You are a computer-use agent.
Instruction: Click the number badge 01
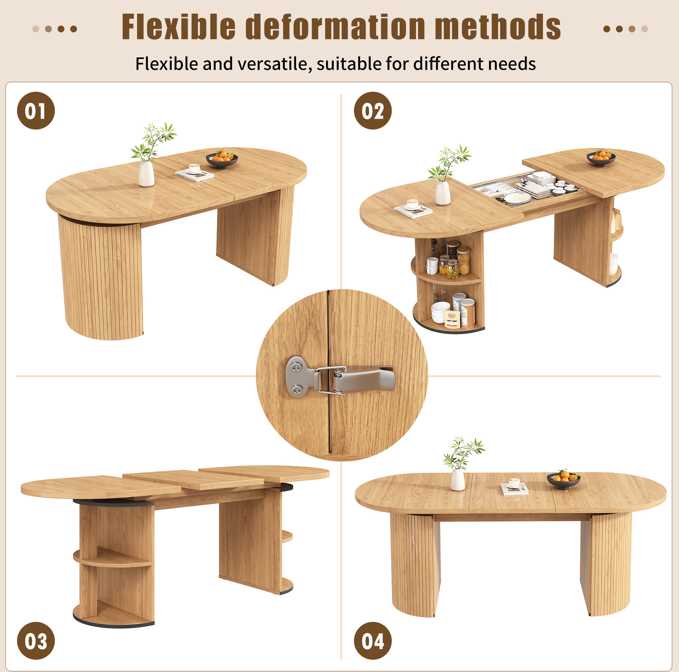tap(36, 111)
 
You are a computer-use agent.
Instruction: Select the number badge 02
tap(372, 111)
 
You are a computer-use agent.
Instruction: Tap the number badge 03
tap(36, 641)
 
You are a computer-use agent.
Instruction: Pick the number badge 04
tap(372, 641)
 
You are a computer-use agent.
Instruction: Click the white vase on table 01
tap(146, 174)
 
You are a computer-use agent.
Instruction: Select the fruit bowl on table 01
tap(222, 160)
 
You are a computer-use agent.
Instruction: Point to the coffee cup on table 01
tap(194, 168)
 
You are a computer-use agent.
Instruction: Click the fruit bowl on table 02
tap(601, 158)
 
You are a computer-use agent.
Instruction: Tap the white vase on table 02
tap(443, 193)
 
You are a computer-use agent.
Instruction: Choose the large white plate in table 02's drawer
tap(518, 198)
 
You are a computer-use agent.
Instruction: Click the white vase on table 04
tap(458, 480)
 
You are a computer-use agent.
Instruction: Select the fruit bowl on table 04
tap(564, 480)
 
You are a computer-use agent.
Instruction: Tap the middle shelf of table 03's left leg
tap(112, 558)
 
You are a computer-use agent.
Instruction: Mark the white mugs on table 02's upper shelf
tap(432, 266)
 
